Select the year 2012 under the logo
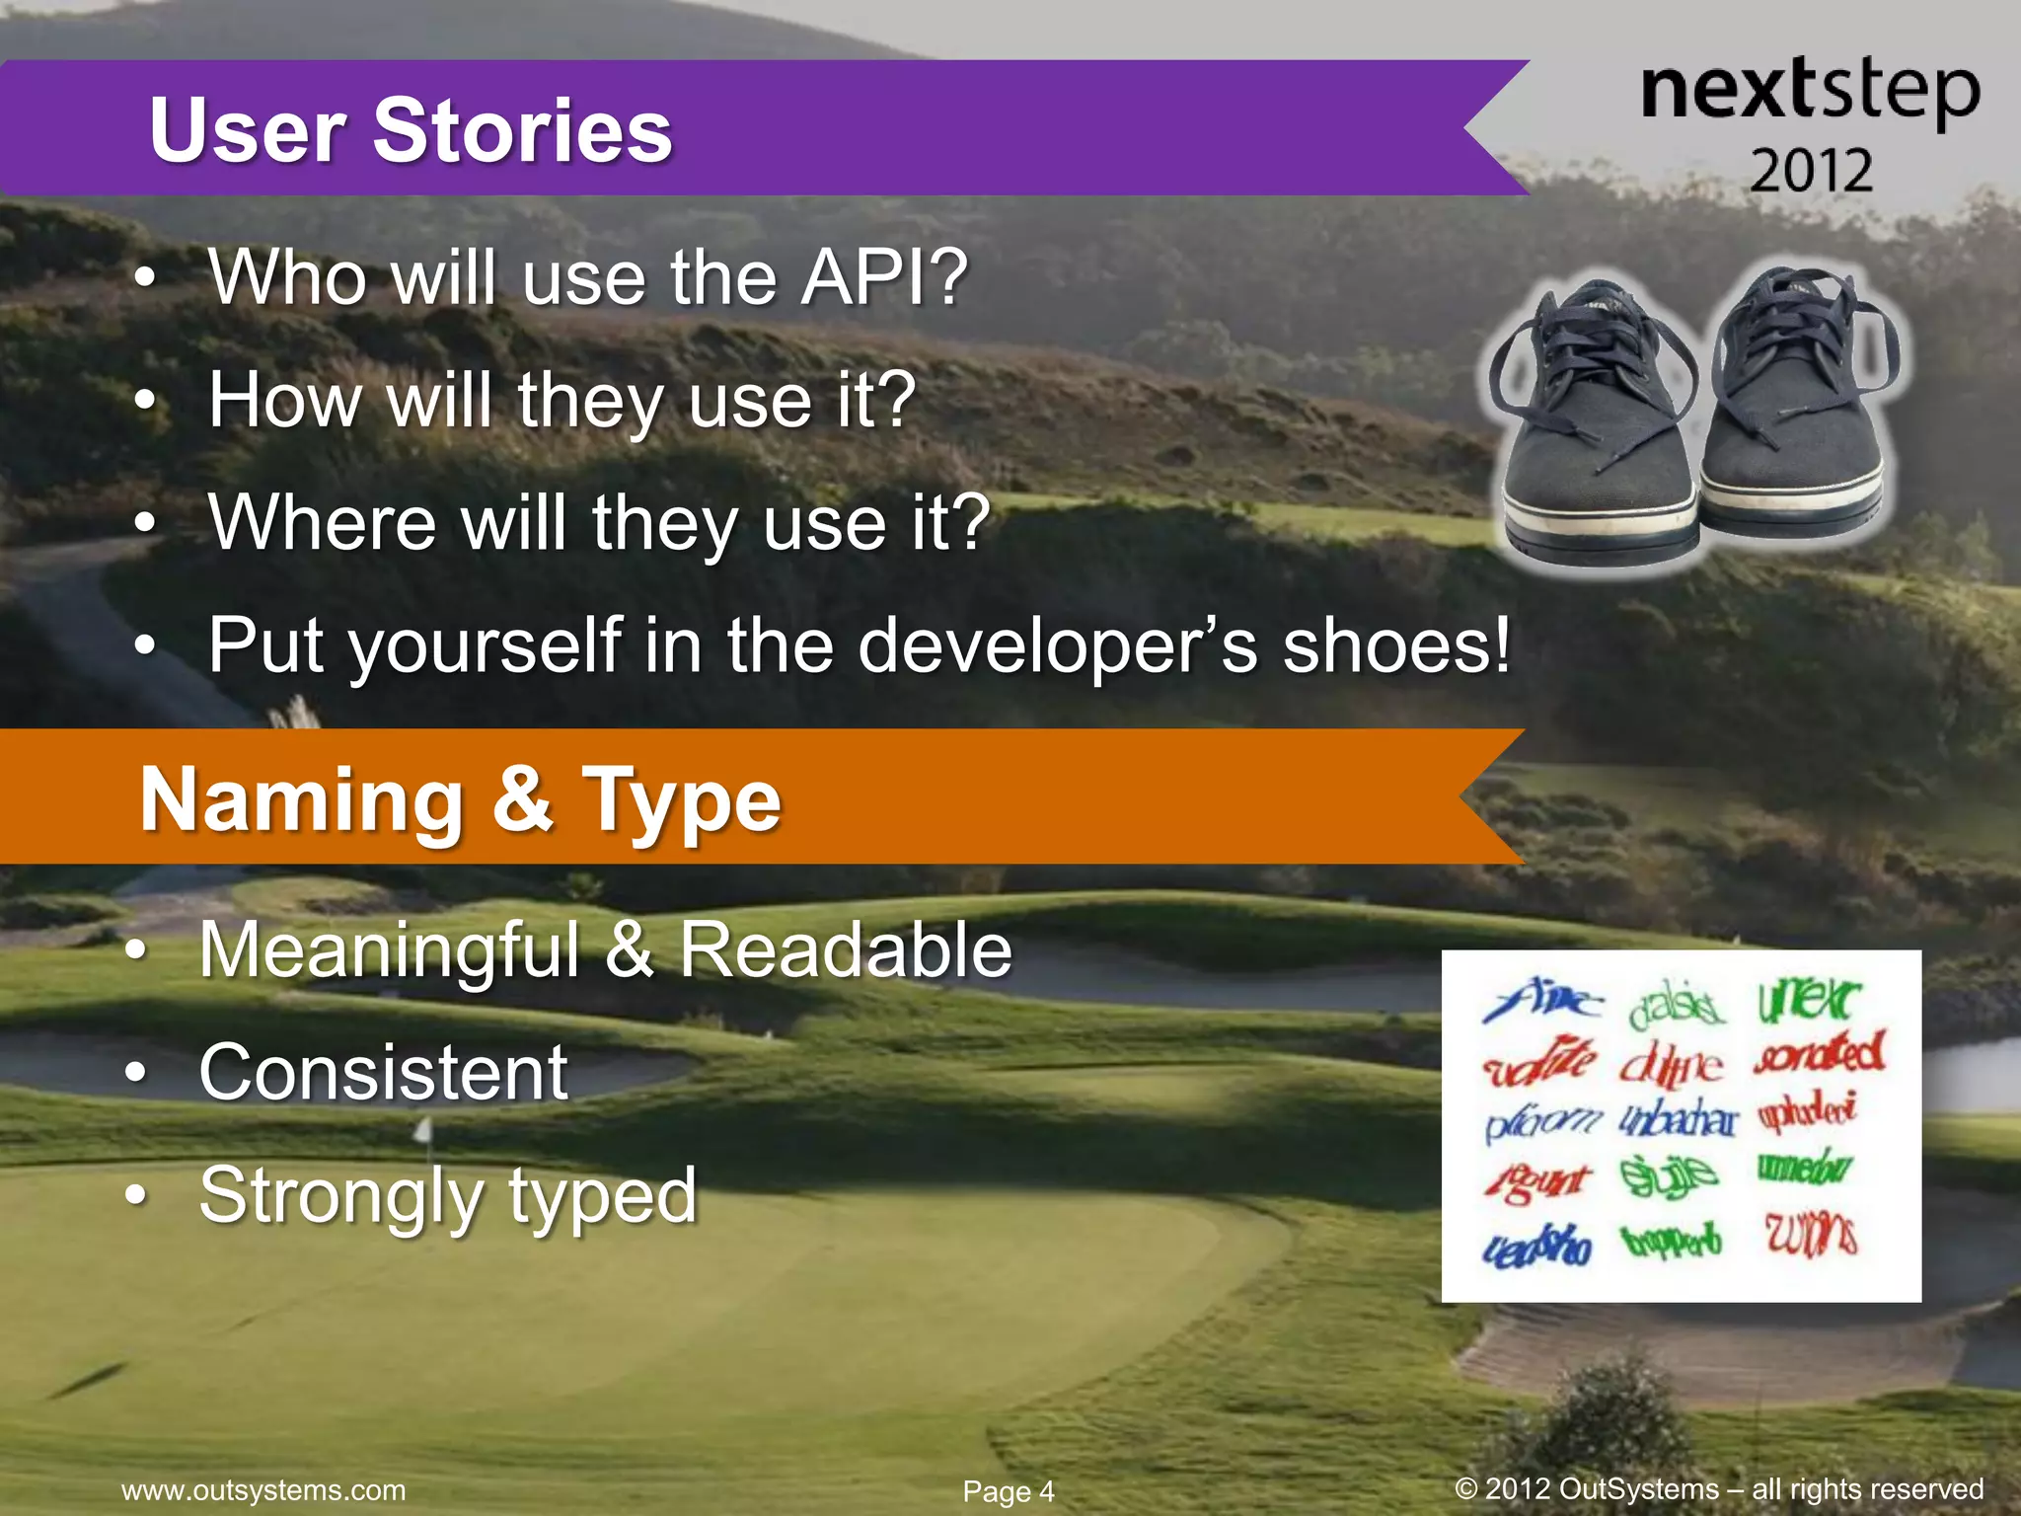point(1811,171)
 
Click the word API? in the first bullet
point(884,277)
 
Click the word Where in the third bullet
point(322,522)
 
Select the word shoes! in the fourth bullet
point(1395,645)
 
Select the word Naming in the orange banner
point(302,799)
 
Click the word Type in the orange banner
point(682,801)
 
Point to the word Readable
point(846,950)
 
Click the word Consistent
point(383,1073)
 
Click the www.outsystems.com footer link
point(263,1489)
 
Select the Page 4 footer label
point(1009,1491)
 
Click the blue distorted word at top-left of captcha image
point(1539,1001)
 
